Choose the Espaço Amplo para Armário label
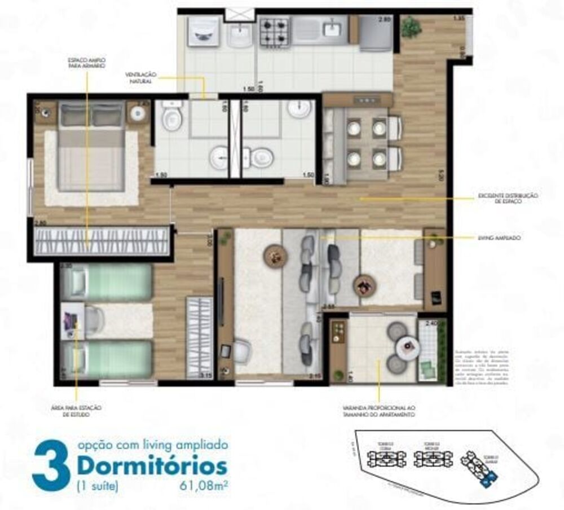[87, 63]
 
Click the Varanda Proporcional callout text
[378, 411]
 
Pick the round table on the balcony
[406, 346]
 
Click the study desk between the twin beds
[72, 322]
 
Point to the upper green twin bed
[107, 282]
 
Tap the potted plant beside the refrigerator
[411, 27]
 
